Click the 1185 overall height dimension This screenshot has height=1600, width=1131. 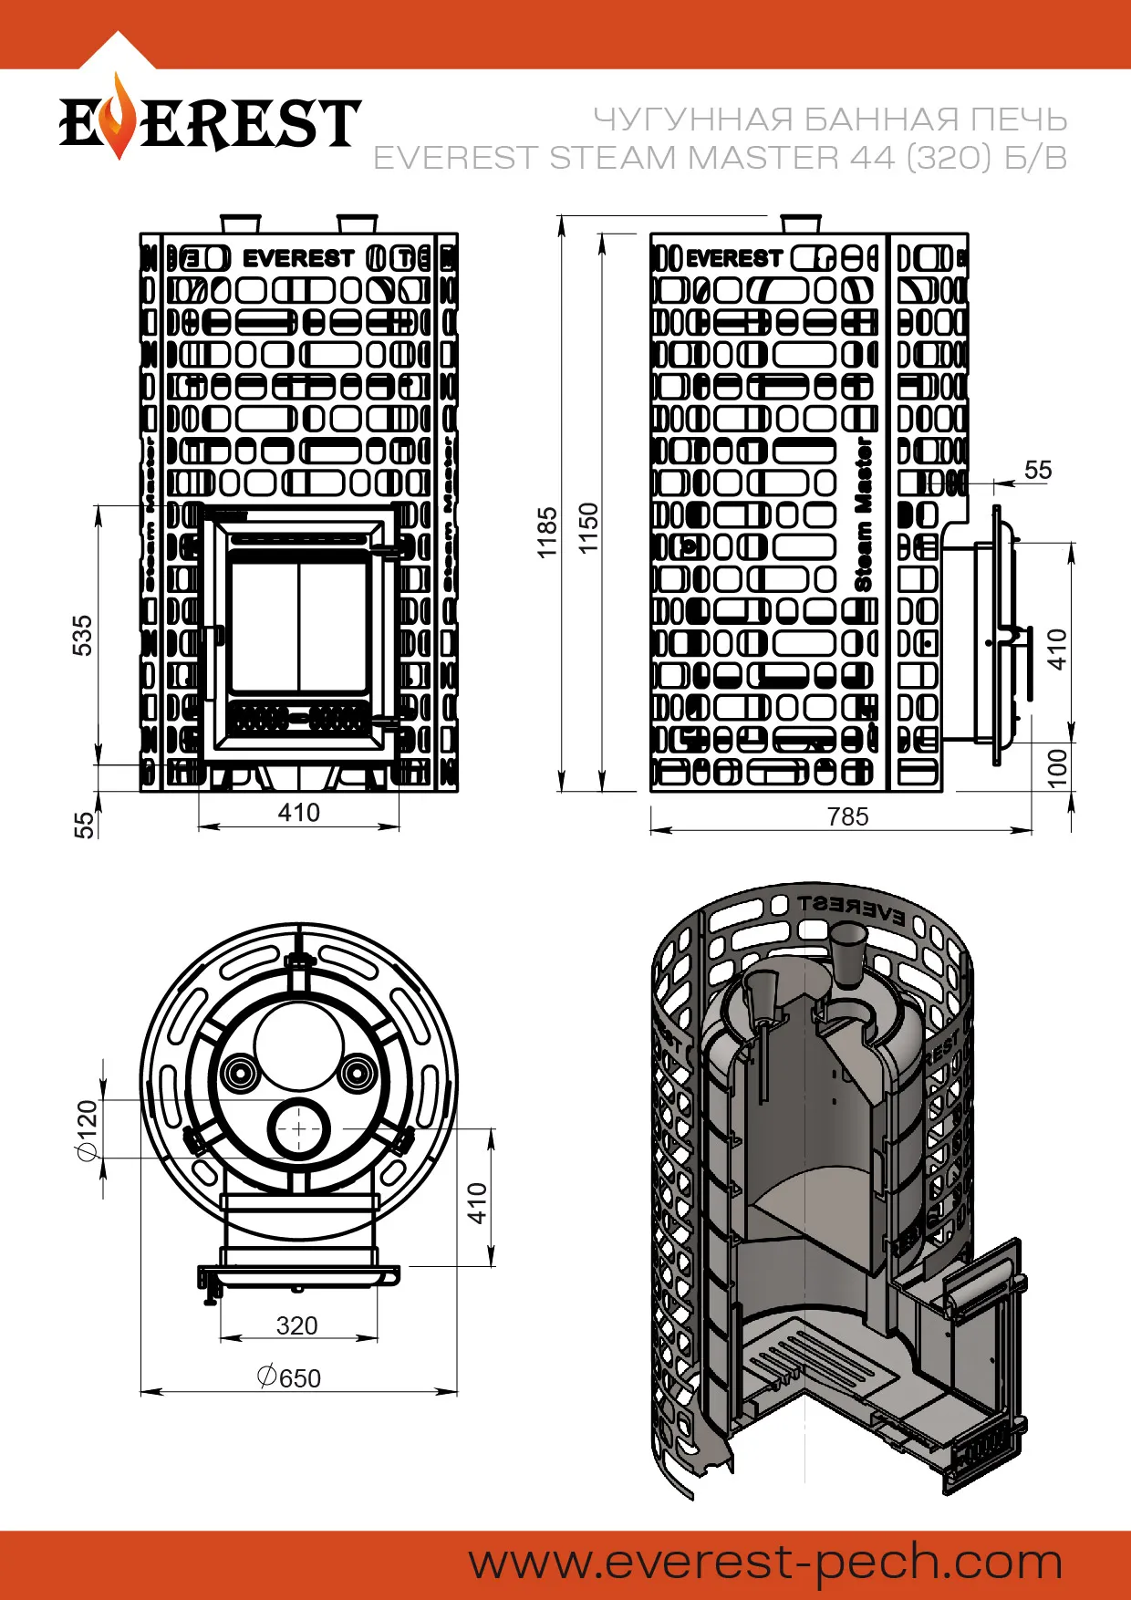[546, 532]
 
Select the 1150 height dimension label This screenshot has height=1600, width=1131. [588, 527]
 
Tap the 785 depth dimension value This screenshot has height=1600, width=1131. [847, 816]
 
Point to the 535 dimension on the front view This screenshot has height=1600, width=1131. [82, 635]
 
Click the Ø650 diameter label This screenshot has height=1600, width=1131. [289, 1377]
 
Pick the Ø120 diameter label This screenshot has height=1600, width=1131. [87, 1131]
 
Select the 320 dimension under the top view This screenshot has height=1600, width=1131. [297, 1325]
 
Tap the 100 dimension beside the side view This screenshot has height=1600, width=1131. [1057, 768]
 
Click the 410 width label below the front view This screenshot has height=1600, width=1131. [298, 813]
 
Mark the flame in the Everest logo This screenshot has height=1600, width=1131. [117, 119]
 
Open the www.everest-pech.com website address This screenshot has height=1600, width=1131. [765, 1563]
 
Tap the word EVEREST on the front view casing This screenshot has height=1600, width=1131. [298, 259]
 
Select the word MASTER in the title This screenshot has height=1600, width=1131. [763, 158]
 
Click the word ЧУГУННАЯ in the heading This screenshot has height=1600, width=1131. [693, 119]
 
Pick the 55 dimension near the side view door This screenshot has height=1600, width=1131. [1038, 470]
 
